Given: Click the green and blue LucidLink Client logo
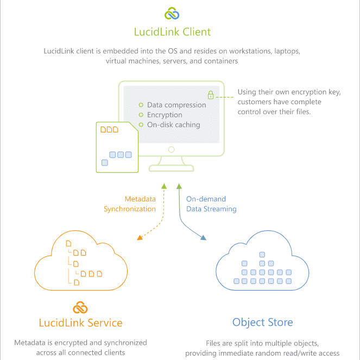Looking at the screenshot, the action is (x=172, y=14).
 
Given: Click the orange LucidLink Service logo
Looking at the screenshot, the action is (x=80, y=307).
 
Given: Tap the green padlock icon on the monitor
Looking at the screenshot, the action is (x=211, y=95).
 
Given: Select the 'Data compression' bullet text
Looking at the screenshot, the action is (x=176, y=105).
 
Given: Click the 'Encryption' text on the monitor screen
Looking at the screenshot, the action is (x=165, y=115).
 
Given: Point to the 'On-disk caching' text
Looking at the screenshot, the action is (x=174, y=125).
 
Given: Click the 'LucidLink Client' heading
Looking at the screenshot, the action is (x=172, y=31).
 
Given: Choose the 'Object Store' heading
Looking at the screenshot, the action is (x=263, y=323).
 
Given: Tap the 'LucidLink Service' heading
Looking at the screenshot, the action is (x=80, y=323).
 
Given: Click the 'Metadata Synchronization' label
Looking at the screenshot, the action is (x=130, y=204).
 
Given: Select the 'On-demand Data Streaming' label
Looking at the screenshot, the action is (x=211, y=204).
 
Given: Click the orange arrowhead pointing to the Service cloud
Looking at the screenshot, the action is (x=140, y=238).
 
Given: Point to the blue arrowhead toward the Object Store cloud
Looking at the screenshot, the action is (x=204, y=238).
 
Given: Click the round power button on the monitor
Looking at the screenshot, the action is (x=171, y=149).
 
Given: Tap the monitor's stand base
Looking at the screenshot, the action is (x=171, y=168).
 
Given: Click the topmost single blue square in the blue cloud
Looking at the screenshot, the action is (x=262, y=254).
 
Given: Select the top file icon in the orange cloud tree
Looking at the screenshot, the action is (x=68, y=243).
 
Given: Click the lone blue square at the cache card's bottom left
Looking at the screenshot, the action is (x=105, y=162).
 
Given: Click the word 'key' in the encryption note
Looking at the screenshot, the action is (x=334, y=92).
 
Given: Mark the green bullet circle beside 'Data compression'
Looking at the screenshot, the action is (x=141, y=105).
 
